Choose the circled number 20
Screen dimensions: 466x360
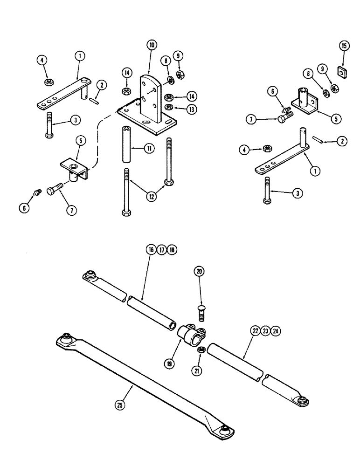200,271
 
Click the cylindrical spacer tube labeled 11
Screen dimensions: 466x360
127,143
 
